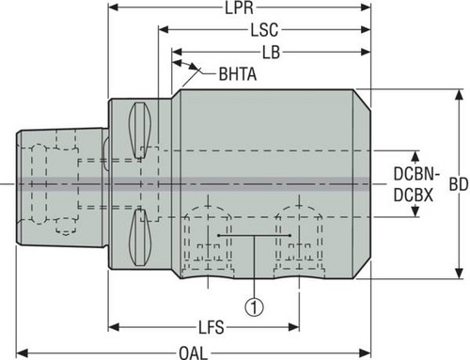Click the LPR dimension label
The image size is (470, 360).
click(x=239, y=8)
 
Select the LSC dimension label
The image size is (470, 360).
click(x=264, y=30)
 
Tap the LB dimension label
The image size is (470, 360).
click(x=271, y=53)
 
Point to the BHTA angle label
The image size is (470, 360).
click(x=238, y=74)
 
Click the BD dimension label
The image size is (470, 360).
click(x=459, y=184)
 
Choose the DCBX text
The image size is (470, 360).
click(x=414, y=196)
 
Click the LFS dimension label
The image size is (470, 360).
click(x=211, y=327)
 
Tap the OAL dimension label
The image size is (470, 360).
click(x=194, y=353)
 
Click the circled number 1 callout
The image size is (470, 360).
click(x=255, y=307)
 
